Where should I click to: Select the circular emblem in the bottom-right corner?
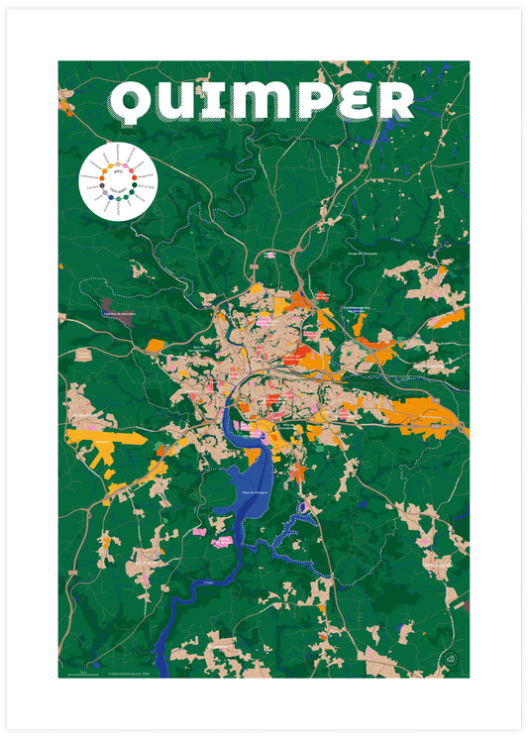click(452, 661)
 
